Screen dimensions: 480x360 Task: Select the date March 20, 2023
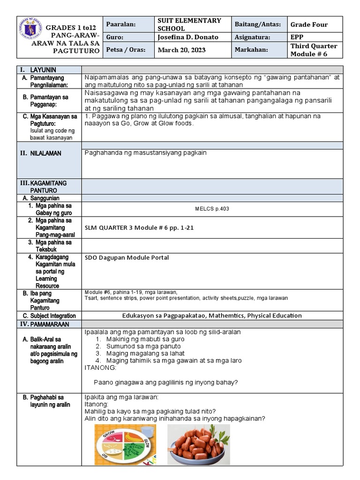[x=182, y=50]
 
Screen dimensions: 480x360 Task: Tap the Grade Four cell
[x=309, y=24]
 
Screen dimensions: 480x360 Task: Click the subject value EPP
[x=297, y=37]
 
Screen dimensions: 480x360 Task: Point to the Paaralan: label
[x=120, y=24]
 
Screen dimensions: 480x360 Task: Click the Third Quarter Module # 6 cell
[x=314, y=50]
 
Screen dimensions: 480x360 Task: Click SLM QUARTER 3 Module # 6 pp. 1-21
[x=139, y=228]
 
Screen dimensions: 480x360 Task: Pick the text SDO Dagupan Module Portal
[x=127, y=257]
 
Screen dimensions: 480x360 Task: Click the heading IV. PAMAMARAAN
[x=44, y=324]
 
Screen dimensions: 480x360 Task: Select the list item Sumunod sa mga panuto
[x=143, y=346]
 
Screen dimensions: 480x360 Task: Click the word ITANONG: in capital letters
[x=99, y=367]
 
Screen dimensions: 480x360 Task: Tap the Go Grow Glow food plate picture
[x=125, y=444]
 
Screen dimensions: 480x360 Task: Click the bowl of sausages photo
[x=198, y=444]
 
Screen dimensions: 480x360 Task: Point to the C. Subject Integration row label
[x=49, y=316]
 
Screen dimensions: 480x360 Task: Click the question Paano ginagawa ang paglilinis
[x=165, y=382]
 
